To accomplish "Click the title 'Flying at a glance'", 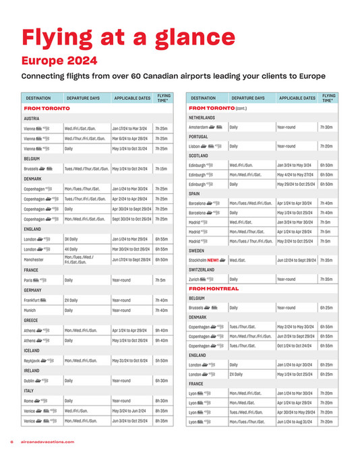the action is [128, 36].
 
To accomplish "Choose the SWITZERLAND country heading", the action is [203, 269].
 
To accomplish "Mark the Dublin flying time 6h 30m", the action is [161, 381].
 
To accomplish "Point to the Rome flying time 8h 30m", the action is [161, 401].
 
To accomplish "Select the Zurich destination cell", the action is [196, 278].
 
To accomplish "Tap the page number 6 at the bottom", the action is [12, 441].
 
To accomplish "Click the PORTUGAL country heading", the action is [200, 136].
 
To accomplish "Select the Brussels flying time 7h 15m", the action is [161, 168].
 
